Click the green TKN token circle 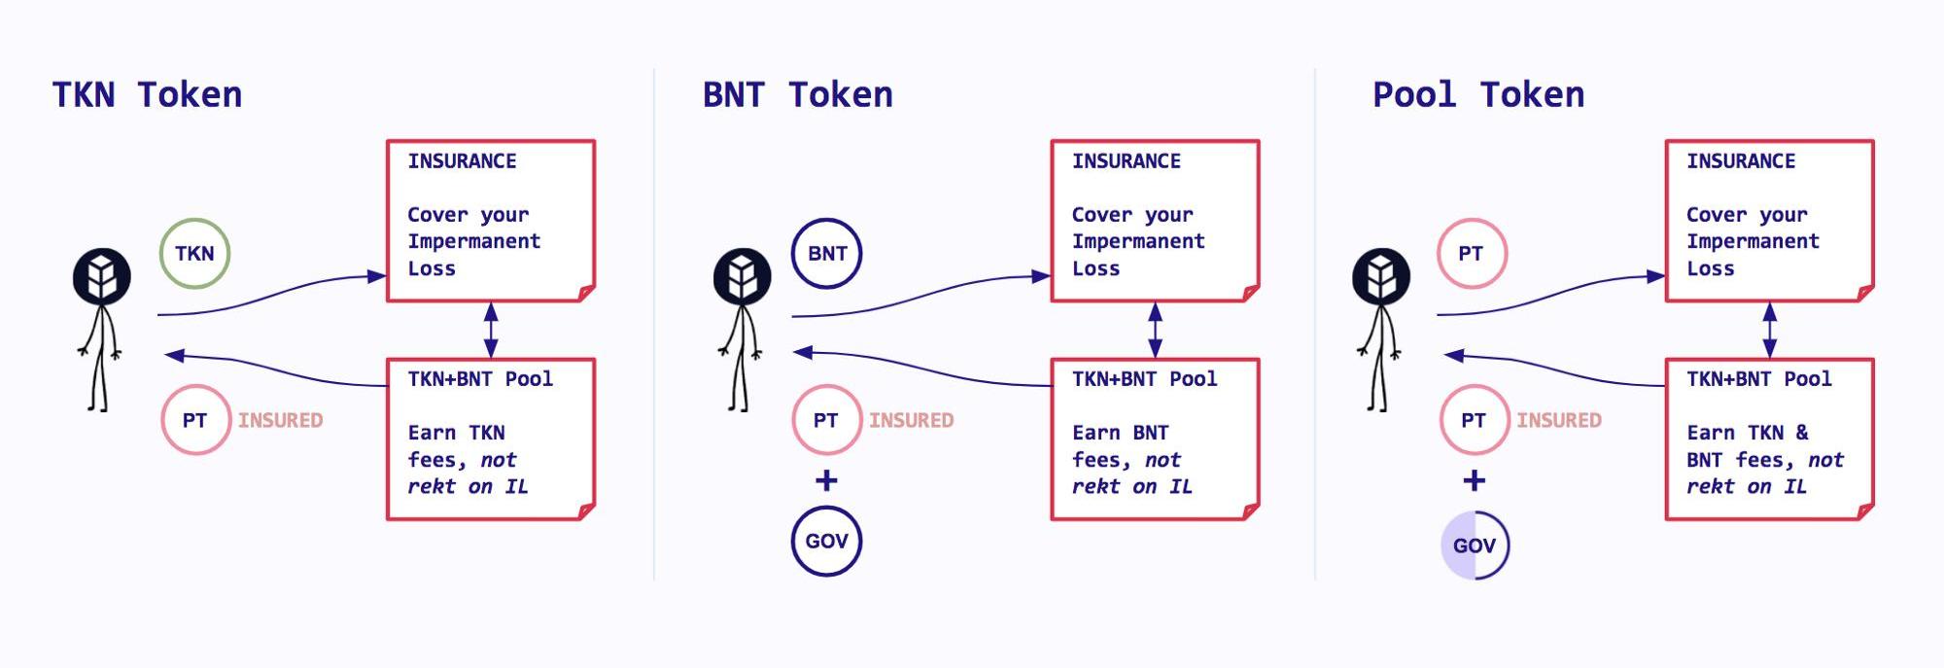tap(194, 254)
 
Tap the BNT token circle tap(827, 254)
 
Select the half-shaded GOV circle tap(1475, 545)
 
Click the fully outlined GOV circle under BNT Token tap(826, 542)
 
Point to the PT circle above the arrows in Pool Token tap(1472, 254)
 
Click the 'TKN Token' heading tap(147, 95)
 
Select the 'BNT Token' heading tap(797, 95)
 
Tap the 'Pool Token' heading tap(1477, 95)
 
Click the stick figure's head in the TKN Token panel tap(102, 277)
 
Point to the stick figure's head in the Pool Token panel tap(1381, 277)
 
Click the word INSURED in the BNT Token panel tap(911, 420)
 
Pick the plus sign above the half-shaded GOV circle tap(1475, 480)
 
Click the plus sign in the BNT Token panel tap(826, 480)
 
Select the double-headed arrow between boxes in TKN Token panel tap(491, 330)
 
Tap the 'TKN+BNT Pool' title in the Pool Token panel tap(1758, 379)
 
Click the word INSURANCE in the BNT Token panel tap(1126, 161)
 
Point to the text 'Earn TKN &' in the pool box tap(1747, 433)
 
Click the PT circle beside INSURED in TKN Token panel tap(195, 420)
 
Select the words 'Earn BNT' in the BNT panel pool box tap(1120, 433)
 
